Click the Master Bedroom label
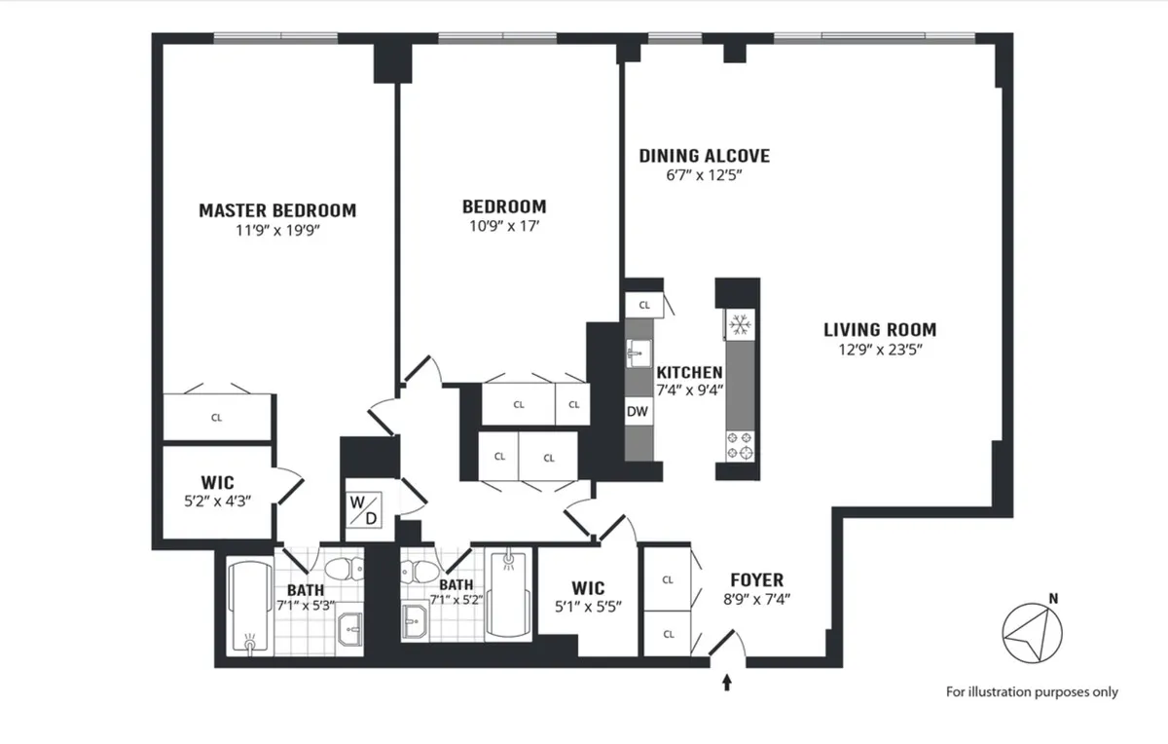click(x=277, y=210)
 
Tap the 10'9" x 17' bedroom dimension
click(x=503, y=225)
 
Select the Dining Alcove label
click(x=704, y=156)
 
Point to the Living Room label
click(x=879, y=330)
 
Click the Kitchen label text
click(x=689, y=372)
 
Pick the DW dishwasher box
click(x=638, y=412)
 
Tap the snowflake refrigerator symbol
click(x=739, y=324)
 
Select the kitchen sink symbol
click(x=639, y=348)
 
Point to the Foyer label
click(x=756, y=580)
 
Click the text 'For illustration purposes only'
click(x=1032, y=692)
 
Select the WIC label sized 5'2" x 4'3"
click(x=217, y=482)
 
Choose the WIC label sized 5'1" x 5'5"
click(x=588, y=588)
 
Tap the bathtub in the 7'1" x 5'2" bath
click(x=506, y=595)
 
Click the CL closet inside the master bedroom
click(x=216, y=418)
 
